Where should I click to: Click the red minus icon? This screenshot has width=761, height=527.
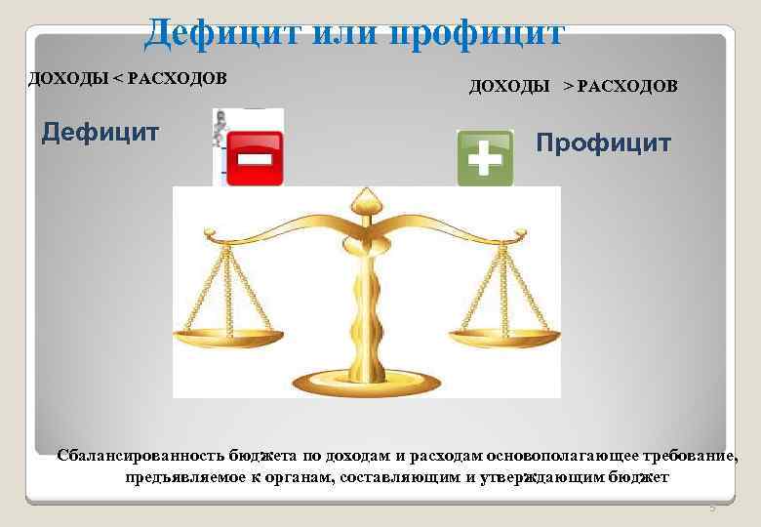pos(256,158)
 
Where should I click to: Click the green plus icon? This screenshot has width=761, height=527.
pos(485,158)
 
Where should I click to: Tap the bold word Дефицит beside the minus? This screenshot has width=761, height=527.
pos(100,132)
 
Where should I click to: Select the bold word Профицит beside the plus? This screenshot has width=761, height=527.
pos(604,143)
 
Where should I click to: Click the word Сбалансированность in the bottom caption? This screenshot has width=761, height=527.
pos(140,455)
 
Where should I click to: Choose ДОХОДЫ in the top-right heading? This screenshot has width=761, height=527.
pos(509,87)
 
